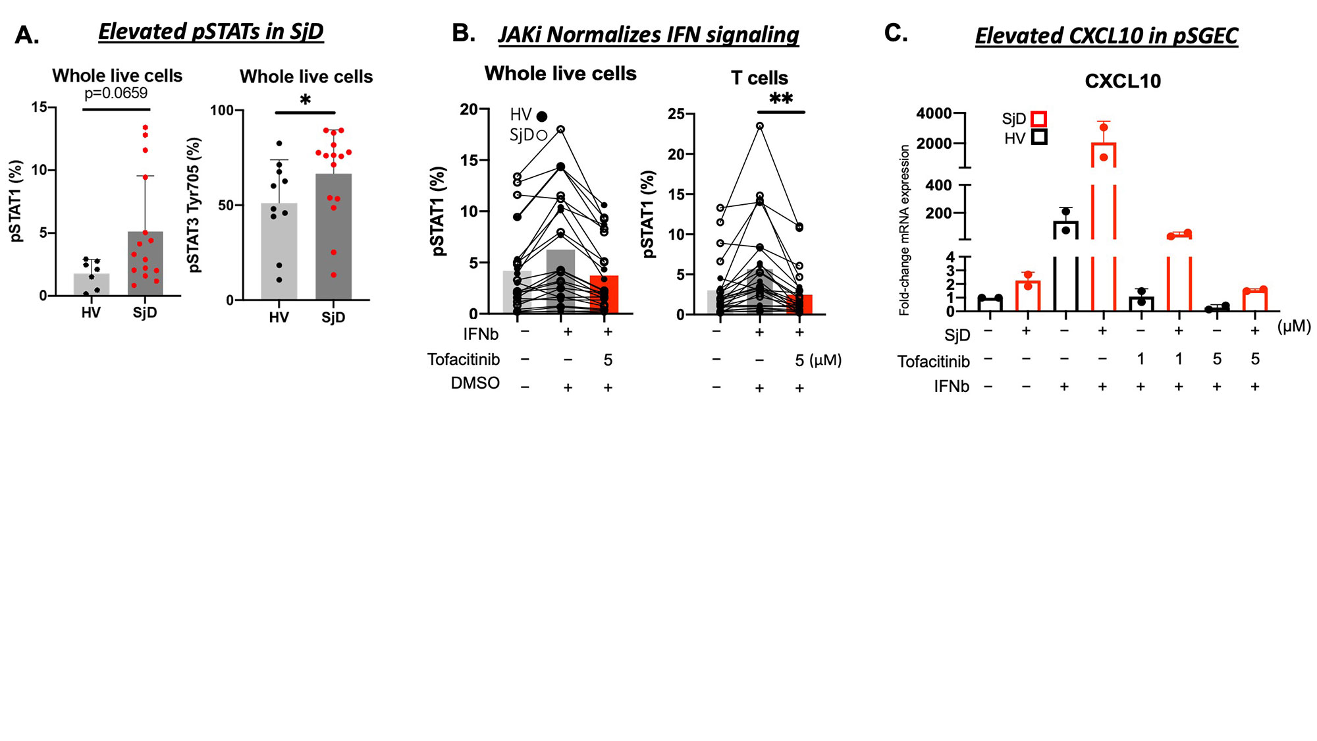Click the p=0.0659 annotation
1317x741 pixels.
[116, 94]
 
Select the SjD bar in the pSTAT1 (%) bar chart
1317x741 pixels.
[145, 263]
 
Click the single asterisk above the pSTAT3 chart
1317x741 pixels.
[305, 101]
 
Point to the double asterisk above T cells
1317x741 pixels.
[781, 99]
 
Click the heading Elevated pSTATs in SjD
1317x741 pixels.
[211, 32]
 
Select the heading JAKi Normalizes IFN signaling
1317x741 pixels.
[649, 35]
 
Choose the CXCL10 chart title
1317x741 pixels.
[1122, 81]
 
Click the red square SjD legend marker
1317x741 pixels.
[1039, 119]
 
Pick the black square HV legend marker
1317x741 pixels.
[1039, 138]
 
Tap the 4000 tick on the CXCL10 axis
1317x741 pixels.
[933, 113]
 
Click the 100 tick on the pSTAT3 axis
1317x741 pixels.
[222, 111]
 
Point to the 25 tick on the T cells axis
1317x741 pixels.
[676, 114]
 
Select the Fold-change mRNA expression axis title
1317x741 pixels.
[904, 230]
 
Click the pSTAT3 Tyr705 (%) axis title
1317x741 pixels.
[194, 204]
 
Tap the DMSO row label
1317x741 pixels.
[475, 383]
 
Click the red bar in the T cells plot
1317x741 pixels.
[799, 304]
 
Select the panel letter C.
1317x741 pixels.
[896, 32]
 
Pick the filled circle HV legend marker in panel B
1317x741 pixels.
[542, 117]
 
